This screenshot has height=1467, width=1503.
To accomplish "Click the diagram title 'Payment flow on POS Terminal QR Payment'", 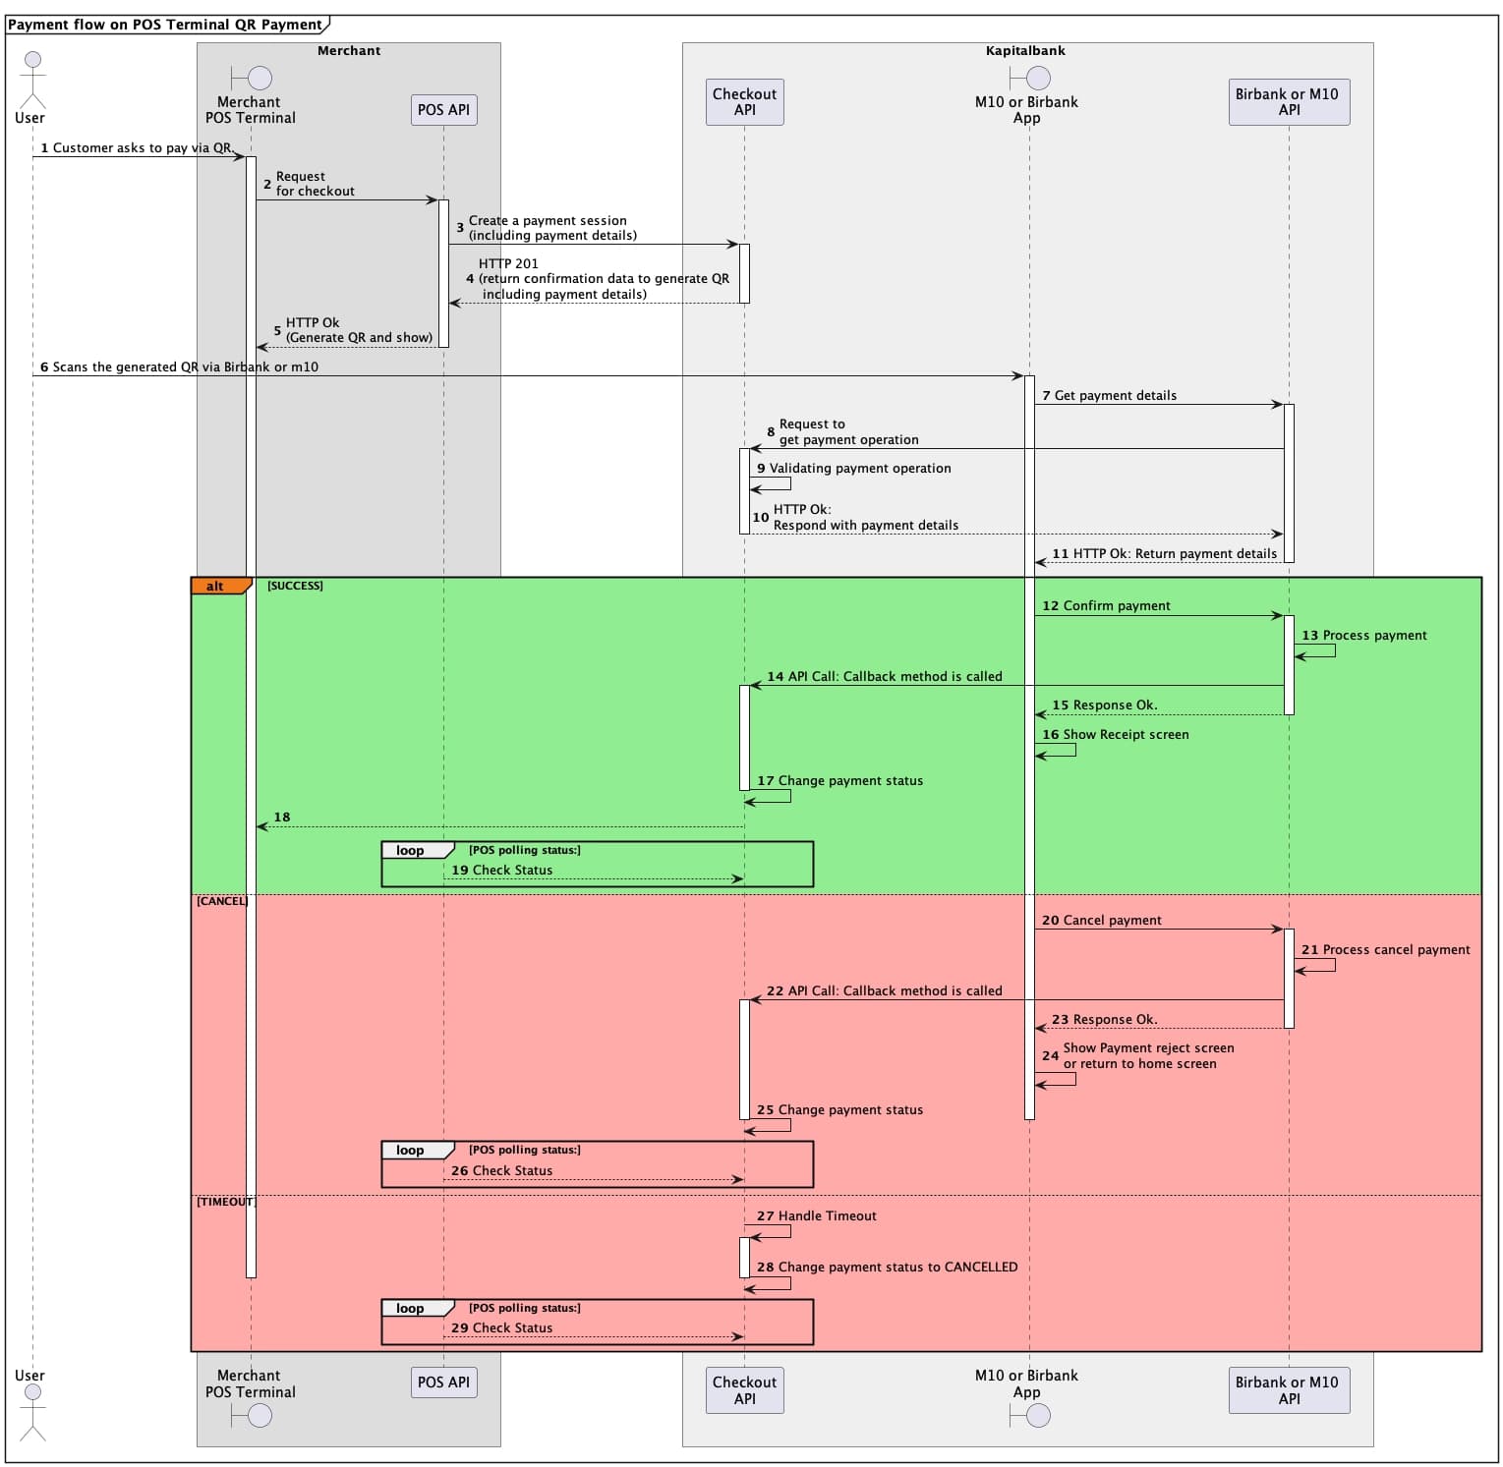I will click(165, 25).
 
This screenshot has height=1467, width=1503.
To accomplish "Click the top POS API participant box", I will click(443, 110).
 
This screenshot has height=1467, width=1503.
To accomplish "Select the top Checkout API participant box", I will click(744, 102).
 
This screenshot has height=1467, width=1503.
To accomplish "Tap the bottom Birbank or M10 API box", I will click(1288, 1390).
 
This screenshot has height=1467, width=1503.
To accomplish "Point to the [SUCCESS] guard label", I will click(295, 586).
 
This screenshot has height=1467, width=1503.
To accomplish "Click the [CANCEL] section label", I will click(222, 901).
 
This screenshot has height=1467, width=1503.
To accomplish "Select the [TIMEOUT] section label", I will click(225, 1202).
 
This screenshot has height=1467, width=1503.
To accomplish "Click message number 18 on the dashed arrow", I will click(282, 818).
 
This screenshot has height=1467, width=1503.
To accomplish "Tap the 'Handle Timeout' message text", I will click(827, 1216).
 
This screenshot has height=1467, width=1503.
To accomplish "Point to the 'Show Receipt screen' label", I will click(1126, 735).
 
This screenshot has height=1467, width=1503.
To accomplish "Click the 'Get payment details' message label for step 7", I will click(1115, 396).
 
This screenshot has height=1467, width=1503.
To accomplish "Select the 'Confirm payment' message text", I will click(1117, 606).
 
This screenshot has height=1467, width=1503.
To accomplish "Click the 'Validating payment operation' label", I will click(859, 469).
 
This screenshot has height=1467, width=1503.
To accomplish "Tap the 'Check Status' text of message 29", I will click(512, 1328).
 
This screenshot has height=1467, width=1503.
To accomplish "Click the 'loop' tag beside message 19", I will click(411, 851).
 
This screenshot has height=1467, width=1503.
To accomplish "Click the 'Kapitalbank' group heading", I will click(1025, 51).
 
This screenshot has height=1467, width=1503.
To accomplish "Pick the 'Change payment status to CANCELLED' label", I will click(897, 1268).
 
